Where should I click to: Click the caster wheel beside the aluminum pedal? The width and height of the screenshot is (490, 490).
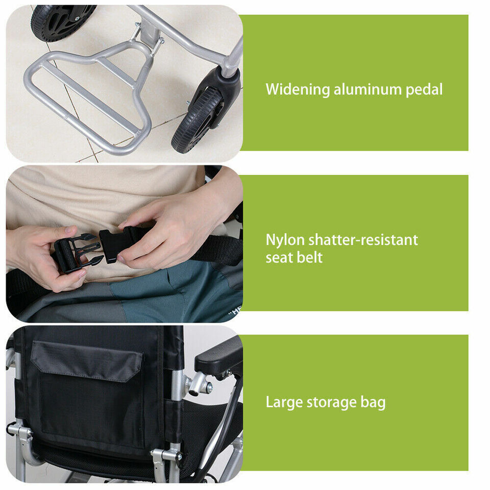197,120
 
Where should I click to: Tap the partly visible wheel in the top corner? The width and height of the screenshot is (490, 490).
61,20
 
